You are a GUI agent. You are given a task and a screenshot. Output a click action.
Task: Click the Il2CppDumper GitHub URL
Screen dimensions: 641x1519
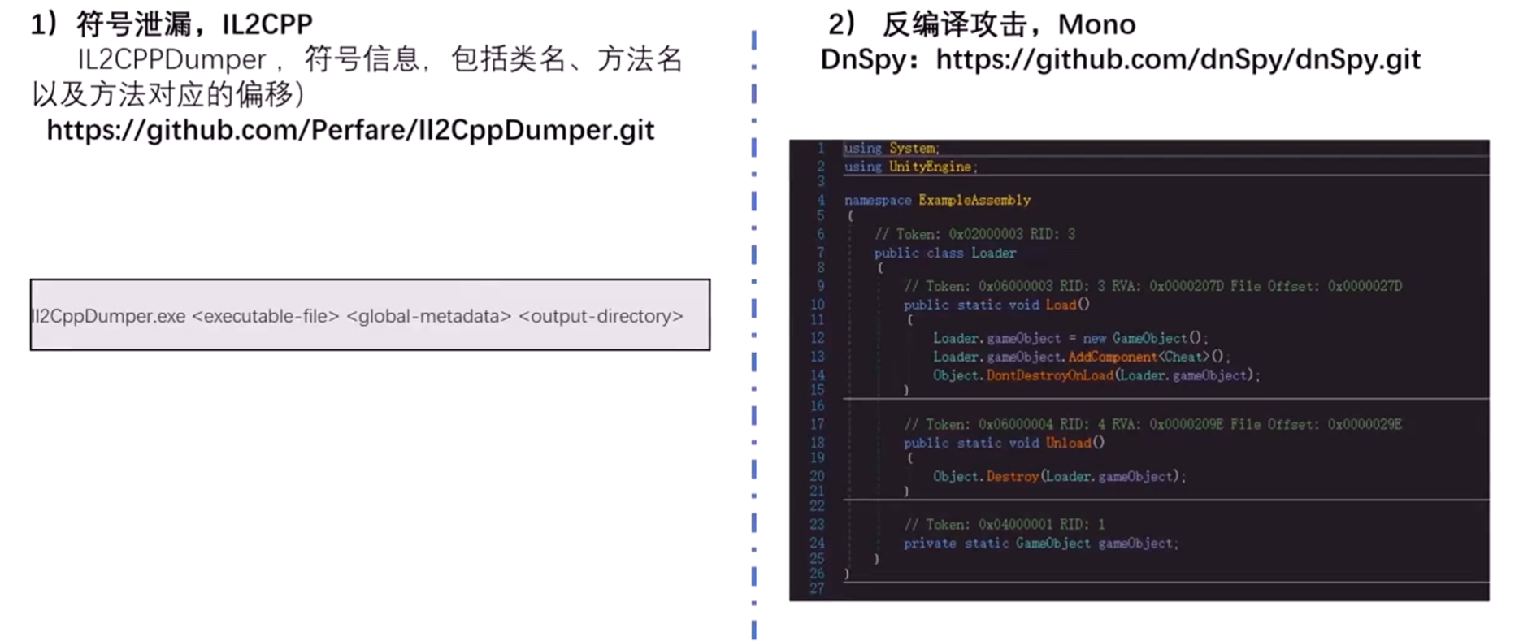(350, 130)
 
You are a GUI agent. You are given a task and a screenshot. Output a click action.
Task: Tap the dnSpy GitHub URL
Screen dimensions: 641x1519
(1178, 59)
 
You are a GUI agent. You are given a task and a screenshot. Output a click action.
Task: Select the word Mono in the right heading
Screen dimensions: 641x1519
(1096, 24)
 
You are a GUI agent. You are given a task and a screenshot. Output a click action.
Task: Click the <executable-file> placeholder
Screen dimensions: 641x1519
(265, 316)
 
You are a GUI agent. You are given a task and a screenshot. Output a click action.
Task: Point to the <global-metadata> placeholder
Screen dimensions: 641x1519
(428, 316)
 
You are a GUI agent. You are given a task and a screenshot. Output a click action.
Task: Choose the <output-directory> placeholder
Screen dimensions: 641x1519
(601, 316)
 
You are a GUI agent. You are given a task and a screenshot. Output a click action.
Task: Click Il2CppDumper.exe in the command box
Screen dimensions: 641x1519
(108, 316)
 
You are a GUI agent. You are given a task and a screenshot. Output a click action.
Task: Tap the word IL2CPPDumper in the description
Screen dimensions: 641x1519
(171, 59)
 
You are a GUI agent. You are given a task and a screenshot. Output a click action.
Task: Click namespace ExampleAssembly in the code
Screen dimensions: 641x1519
(937, 200)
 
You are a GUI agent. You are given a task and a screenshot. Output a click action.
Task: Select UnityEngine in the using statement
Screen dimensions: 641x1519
(930, 167)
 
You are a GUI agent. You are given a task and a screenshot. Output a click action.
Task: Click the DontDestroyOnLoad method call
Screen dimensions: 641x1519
(1049, 375)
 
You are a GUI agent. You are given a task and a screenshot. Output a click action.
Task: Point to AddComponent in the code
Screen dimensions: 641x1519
(1112, 357)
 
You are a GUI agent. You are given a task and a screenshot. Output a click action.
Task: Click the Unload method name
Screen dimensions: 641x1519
(1068, 443)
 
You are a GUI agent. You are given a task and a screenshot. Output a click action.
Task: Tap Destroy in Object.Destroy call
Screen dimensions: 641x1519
(1012, 476)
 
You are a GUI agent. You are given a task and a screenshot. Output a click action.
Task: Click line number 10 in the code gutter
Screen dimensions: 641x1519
(817, 305)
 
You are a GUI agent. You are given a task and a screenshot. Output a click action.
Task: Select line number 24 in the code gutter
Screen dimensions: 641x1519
(817, 543)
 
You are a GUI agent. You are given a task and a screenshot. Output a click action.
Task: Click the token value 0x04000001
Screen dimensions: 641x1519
(1015, 524)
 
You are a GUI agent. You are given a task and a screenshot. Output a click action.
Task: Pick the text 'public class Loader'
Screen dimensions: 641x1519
(944, 253)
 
